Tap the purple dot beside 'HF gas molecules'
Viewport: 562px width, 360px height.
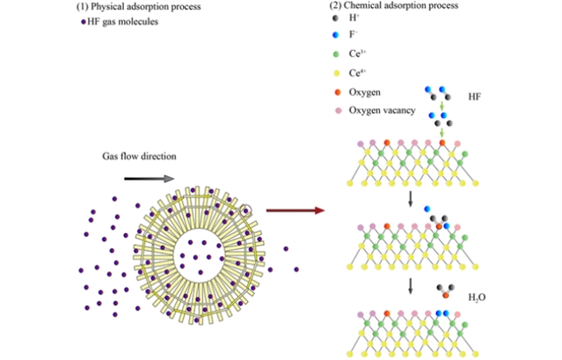pos(83,21)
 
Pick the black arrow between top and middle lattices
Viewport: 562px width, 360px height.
pos(410,201)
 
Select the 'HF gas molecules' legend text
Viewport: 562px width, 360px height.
pos(123,21)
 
